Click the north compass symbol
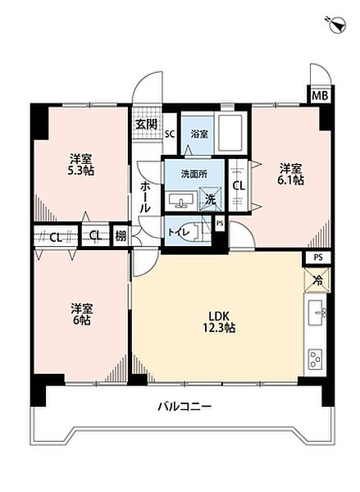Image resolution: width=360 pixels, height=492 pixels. click(338, 25)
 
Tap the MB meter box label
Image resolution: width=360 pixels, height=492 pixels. click(320, 95)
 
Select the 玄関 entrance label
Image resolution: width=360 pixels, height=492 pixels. click(147, 125)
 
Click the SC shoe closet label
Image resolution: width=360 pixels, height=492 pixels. click(170, 134)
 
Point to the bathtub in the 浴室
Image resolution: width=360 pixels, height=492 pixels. click(230, 133)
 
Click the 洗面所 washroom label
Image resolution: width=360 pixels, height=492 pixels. click(194, 174)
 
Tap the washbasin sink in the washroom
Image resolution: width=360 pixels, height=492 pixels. click(180, 201)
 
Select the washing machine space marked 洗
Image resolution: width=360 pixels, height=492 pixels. click(210, 199)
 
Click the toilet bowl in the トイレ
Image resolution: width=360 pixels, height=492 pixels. click(191, 233)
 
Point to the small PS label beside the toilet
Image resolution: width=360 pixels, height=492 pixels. click(220, 223)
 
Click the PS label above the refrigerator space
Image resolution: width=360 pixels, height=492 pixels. click(318, 257)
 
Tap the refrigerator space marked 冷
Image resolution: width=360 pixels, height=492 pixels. click(317, 280)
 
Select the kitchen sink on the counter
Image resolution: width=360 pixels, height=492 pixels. click(317, 312)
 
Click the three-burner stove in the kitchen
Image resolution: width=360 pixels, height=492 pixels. click(316, 358)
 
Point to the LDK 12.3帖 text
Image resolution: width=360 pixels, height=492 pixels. click(220, 321)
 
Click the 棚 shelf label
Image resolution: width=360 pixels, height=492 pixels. click(120, 236)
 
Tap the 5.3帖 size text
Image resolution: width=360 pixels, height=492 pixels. click(81, 171)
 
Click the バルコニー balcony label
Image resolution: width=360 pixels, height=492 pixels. click(185, 407)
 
